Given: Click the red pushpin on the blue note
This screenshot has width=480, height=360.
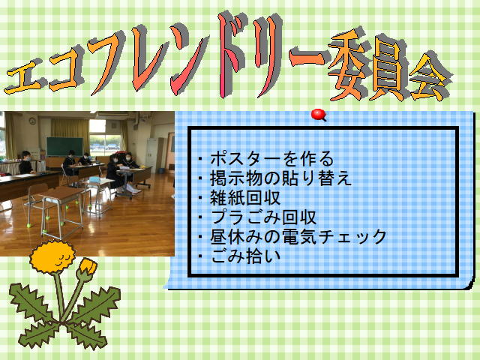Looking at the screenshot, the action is [x=318, y=115].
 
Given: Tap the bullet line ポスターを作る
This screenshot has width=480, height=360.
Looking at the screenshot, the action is [x=265, y=159].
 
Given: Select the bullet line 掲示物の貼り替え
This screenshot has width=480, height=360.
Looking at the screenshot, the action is [x=274, y=178].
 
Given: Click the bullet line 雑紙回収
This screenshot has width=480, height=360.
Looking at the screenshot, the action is [x=239, y=198].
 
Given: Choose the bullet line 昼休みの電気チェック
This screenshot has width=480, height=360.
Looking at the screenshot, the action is [x=292, y=237].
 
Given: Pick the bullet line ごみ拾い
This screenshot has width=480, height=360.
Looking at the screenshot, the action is [x=239, y=256].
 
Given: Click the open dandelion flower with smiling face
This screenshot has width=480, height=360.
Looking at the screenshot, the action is [x=52, y=256].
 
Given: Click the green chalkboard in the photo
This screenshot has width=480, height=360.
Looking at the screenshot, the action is [x=64, y=147].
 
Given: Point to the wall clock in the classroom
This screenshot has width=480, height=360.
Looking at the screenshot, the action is [x=32, y=121].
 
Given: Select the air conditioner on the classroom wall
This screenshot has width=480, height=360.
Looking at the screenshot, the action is [x=112, y=114].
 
